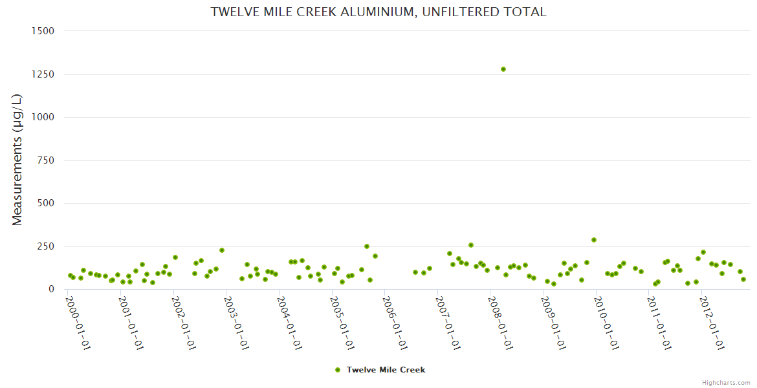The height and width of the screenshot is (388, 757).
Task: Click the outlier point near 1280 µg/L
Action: point(503,69)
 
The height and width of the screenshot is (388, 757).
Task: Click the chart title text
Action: point(378,12)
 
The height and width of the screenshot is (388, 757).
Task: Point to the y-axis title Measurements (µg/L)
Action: point(17,159)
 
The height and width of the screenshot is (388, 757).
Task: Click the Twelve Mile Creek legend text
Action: point(386,370)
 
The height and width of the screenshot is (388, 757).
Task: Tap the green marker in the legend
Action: point(337,370)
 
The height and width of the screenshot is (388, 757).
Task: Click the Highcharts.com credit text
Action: point(726,382)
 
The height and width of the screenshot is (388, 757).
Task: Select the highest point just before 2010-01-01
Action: point(594,240)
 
